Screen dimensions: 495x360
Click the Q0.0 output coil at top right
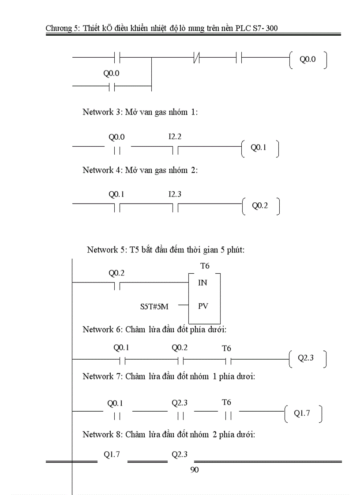click(x=308, y=60)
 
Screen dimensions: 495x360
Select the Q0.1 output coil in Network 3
click(x=259, y=148)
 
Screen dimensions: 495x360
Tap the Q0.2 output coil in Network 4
click(x=260, y=205)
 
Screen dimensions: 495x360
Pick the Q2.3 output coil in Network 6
click(x=306, y=358)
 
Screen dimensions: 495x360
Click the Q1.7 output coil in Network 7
click(x=302, y=414)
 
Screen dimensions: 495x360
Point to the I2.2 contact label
click(x=175, y=137)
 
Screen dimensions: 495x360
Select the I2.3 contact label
click(x=175, y=194)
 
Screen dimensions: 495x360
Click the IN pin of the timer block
click(x=202, y=283)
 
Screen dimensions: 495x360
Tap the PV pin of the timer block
click(x=202, y=305)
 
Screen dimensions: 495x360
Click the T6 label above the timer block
click(x=205, y=266)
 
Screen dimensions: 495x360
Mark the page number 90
click(x=194, y=470)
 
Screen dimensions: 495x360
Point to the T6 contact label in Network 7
click(x=226, y=402)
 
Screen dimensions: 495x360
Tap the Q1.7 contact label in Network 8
click(x=112, y=455)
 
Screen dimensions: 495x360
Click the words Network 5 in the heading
click(x=106, y=250)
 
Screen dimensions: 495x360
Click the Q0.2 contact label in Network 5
click(x=116, y=273)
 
